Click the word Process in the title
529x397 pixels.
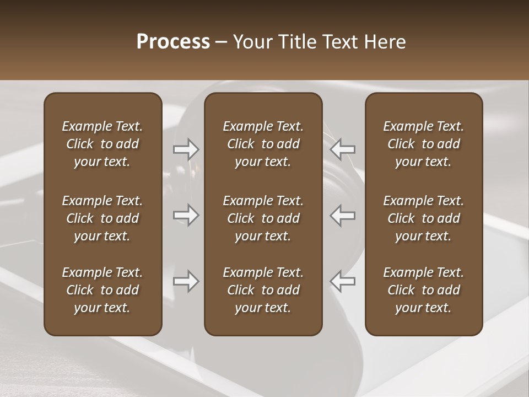pos(173,42)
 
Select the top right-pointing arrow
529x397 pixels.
pos(186,149)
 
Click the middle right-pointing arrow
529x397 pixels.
pos(186,215)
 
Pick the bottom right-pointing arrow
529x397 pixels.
pos(186,281)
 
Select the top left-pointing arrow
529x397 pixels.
pos(343,149)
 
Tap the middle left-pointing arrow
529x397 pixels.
pos(343,215)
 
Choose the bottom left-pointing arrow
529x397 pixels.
pos(343,281)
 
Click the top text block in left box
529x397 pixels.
pos(102,144)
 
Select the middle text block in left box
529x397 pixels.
pos(102,218)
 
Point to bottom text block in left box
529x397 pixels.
pos(102,290)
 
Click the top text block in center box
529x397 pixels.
pos(263,144)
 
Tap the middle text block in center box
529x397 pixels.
pos(263,218)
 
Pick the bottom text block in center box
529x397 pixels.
pos(263,290)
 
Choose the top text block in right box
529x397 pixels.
pos(423,144)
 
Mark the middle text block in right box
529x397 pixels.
pos(423,218)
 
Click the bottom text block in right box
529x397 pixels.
pos(423,290)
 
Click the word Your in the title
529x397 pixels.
pos(253,42)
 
